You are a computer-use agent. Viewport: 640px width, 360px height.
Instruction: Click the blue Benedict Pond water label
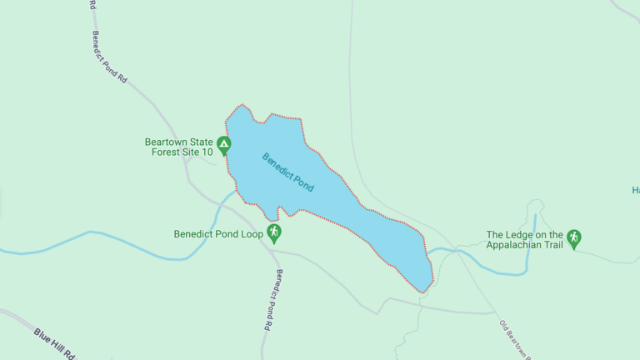[x=287, y=172]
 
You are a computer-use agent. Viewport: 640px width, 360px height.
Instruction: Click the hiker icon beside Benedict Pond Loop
[x=273, y=233]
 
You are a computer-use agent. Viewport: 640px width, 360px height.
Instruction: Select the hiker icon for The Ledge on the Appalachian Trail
[x=573, y=239]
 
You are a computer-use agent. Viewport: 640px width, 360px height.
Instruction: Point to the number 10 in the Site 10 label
[x=206, y=152]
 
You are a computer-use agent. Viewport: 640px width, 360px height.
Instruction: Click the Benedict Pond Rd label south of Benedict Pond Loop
[x=273, y=301]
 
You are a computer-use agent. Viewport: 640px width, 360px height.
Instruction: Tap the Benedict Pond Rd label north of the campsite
[x=108, y=57]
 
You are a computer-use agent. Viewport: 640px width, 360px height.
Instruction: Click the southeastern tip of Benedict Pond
[x=424, y=292]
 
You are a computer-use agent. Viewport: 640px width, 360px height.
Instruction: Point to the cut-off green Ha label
[x=635, y=190]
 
